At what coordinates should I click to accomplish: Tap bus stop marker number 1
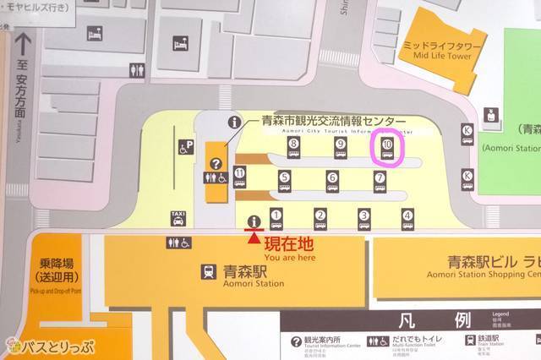point(276,217)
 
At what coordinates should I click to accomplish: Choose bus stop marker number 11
point(240,177)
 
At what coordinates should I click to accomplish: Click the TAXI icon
point(178,217)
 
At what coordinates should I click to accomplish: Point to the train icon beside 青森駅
point(208,272)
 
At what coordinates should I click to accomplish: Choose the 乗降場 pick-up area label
point(57,270)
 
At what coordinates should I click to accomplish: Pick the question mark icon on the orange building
point(216,164)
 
